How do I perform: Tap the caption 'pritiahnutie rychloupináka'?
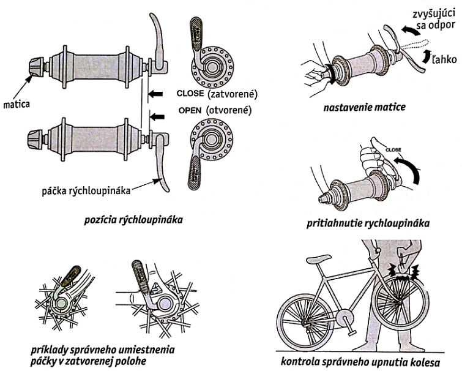pos(367,224)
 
